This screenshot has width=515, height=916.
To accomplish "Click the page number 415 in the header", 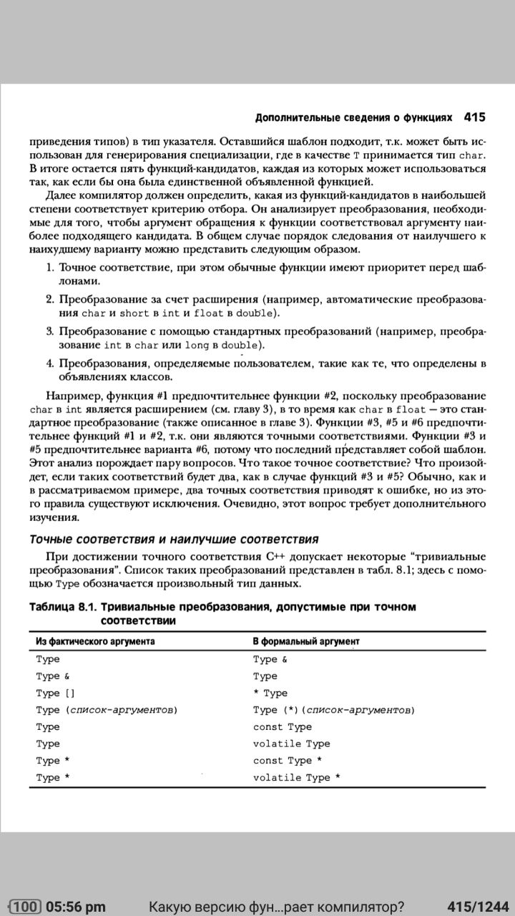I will click(x=475, y=116).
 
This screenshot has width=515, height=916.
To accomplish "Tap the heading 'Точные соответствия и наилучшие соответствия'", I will click(x=173, y=539).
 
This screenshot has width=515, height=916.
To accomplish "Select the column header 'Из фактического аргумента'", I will click(x=95, y=641).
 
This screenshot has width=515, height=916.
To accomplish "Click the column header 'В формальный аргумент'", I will click(x=306, y=641).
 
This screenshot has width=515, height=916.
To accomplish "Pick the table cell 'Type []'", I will click(x=55, y=693).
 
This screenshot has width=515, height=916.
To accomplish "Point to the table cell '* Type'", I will click(x=270, y=693).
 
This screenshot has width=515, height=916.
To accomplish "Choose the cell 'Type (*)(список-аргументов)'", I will click(x=334, y=710).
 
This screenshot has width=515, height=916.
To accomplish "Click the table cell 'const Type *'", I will click(x=287, y=761).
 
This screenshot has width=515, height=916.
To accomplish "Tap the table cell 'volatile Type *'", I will click(x=296, y=778).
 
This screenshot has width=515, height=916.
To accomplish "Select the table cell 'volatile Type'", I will click(x=291, y=744).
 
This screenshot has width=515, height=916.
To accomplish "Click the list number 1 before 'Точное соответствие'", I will click(x=50, y=268).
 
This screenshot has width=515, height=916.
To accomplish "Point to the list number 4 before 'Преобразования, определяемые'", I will click(x=50, y=364).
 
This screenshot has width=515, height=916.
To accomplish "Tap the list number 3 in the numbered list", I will click(x=50, y=332).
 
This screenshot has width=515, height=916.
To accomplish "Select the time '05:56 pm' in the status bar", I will click(x=75, y=907).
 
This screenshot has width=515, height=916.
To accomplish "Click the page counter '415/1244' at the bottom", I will click(x=477, y=907).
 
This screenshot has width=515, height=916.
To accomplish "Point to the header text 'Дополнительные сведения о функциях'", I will click(x=353, y=117).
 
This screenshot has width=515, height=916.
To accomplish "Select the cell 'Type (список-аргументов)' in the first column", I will click(x=107, y=710).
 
